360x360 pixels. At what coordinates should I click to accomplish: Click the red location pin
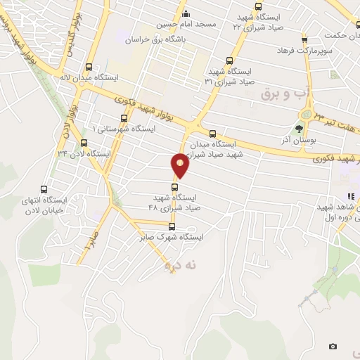180,165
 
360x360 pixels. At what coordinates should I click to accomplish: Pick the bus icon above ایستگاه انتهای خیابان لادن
44,189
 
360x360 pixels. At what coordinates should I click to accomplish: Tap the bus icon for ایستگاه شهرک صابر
172,226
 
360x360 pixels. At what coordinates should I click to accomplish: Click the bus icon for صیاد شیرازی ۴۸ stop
174,186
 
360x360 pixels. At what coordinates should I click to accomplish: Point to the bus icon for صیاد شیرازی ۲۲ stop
257,6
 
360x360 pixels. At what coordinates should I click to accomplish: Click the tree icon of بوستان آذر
300,128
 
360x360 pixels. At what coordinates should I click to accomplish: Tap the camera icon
333,346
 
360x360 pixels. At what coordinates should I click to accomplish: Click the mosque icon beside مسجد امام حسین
185,13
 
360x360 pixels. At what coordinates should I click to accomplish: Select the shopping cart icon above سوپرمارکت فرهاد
304,39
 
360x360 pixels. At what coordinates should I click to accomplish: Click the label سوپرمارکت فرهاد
303,51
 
